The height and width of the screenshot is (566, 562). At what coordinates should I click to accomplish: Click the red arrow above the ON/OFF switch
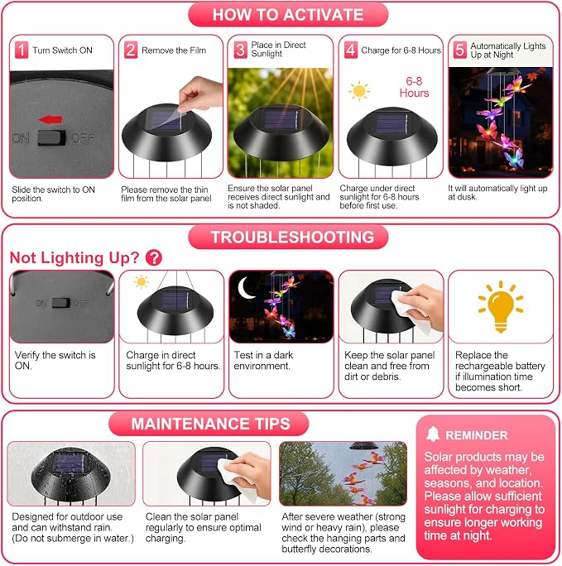(50, 119)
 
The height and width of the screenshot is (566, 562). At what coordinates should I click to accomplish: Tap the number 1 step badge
(22, 50)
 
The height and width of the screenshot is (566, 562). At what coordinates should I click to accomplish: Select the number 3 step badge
(240, 50)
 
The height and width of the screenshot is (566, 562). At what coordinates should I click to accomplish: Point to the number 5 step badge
(459, 50)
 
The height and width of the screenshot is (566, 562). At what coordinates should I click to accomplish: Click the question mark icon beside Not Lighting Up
(154, 257)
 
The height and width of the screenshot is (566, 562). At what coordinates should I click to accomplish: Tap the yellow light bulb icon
(501, 306)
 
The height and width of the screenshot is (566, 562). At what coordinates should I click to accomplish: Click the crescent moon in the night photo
(245, 288)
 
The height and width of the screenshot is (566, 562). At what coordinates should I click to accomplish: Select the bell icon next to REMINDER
(433, 434)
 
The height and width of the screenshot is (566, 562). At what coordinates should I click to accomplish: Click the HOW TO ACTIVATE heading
(288, 15)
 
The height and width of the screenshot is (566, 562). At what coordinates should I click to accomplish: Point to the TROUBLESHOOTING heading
(293, 237)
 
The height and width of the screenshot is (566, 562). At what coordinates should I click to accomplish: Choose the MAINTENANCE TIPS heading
(211, 424)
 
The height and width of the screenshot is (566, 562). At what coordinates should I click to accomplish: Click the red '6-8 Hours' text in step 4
(414, 87)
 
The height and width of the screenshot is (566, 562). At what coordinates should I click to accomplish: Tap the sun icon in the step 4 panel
(358, 91)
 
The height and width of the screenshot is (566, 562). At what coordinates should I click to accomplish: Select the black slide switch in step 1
(51, 138)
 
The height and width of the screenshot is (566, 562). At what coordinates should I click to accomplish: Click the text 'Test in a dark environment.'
(263, 360)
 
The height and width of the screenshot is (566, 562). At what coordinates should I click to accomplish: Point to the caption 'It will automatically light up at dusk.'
(497, 193)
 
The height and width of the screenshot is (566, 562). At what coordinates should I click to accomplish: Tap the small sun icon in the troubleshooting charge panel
(142, 281)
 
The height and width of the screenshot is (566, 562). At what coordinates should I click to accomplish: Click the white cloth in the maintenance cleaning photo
(234, 480)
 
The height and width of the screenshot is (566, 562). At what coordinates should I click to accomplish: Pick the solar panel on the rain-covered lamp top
(70, 464)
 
